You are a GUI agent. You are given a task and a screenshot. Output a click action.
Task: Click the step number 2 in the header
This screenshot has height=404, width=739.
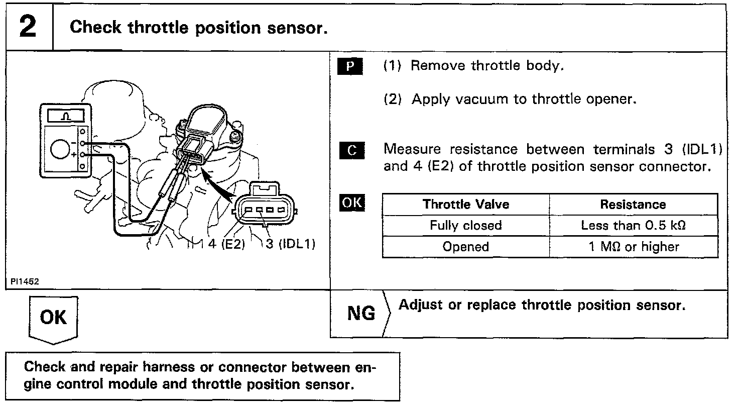pyautogui.click(x=28, y=27)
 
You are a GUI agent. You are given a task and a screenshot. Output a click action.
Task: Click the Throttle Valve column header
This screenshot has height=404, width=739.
pyautogui.click(x=465, y=205)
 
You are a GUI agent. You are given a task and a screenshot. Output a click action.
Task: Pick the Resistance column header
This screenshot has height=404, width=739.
pyautogui.click(x=633, y=205)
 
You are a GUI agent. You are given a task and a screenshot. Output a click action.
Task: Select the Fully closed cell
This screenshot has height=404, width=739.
pyautogui.click(x=465, y=226)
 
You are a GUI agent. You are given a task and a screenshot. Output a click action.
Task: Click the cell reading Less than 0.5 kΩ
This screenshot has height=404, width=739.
pyautogui.click(x=633, y=226)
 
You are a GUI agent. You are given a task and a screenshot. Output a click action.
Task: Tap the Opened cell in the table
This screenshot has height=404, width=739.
pyautogui.click(x=465, y=247)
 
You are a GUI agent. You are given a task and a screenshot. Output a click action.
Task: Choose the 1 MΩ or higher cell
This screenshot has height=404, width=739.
pyautogui.click(x=633, y=247)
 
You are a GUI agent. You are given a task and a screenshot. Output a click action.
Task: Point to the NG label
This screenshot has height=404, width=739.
pyautogui.click(x=361, y=314)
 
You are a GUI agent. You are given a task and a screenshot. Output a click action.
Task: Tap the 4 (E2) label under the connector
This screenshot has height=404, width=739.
pyautogui.click(x=226, y=245)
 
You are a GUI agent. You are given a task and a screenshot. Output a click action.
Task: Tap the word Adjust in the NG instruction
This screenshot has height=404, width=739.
pyautogui.click(x=420, y=305)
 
